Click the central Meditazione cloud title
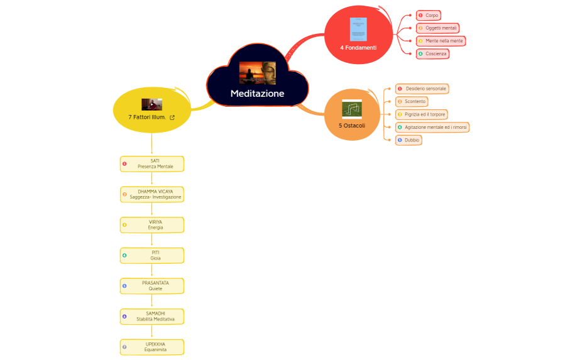point(257,94)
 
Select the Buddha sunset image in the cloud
point(257,72)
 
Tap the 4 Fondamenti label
point(358,48)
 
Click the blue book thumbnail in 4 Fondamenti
point(358,30)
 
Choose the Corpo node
point(429,15)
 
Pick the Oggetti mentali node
point(438,28)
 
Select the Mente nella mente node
point(441,41)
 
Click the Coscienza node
point(433,54)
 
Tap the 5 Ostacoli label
point(352,126)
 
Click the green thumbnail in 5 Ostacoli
point(352,109)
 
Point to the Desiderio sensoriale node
point(422,89)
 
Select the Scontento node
point(412,101)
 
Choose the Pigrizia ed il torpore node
point(422,114)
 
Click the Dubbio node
point(409,140)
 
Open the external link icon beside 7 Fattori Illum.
point(172,117)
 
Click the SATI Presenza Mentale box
point(152,164)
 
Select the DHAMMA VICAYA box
point(152,194)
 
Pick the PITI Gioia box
point(152,255)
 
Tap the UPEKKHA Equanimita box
point(152,347)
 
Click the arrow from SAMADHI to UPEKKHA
point(152,332)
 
